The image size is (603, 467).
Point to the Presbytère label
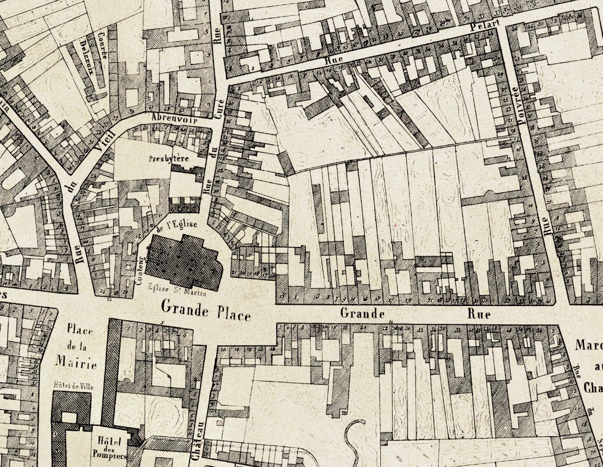click(168, 158)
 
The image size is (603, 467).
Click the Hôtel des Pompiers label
click(111, 447)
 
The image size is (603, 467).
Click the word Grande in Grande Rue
click(362, 313)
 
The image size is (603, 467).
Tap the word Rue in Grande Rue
click(478, 313)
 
